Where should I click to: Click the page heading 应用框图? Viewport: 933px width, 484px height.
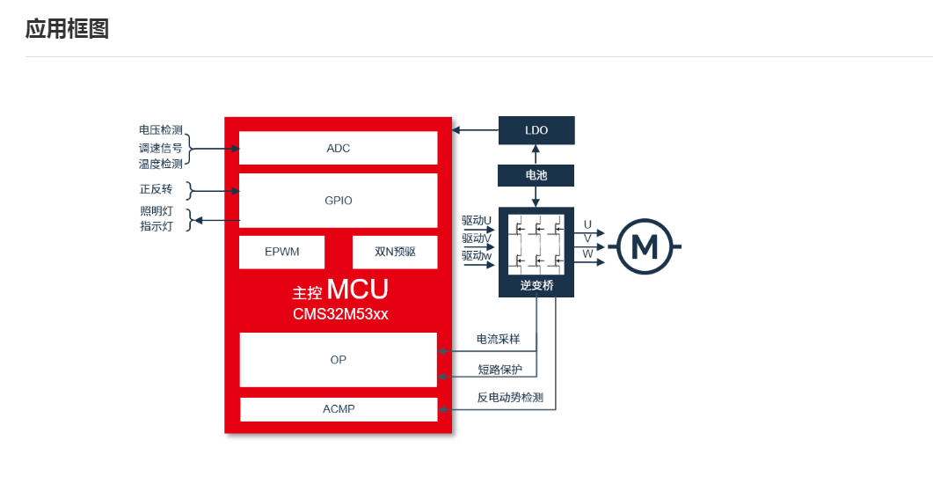coord(67,29)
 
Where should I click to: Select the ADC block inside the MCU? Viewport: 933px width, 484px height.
coord(338,148)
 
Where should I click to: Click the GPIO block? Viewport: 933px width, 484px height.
coord(338,201)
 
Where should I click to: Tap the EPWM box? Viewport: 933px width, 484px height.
coord(281,252)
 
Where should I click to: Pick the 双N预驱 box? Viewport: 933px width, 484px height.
coord(395,252)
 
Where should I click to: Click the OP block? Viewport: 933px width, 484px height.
coord(338,359)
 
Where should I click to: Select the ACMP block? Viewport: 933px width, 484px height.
coord(338,409)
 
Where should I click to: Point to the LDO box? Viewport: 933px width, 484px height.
coord(536,130)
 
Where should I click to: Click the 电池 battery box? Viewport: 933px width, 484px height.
coord(536,175)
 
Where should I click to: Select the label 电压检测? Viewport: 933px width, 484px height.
coord(160,130)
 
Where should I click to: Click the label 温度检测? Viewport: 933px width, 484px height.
coord(160,164)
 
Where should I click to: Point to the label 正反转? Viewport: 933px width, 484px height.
coord(156,189)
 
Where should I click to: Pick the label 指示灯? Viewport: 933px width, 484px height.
coord(156,226)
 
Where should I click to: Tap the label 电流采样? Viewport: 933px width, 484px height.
coord(498,339)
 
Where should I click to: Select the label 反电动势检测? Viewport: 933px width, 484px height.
coord(510,397)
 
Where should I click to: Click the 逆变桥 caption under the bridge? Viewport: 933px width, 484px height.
coord(536,285)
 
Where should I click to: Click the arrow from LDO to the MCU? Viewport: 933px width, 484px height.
coord(475,130)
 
